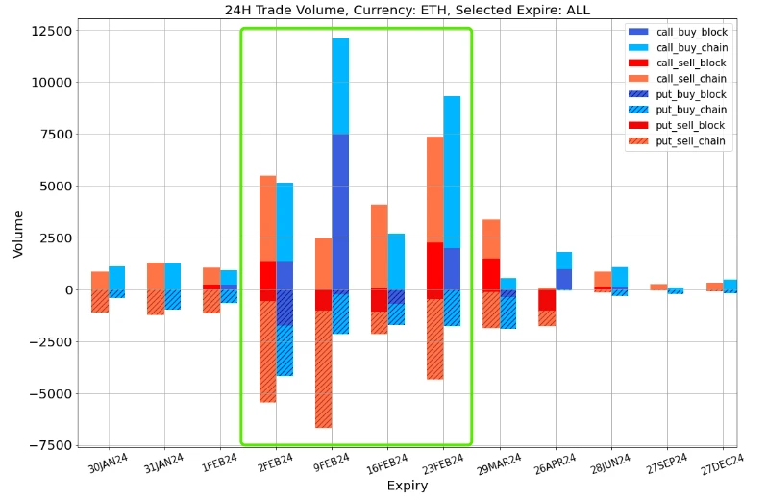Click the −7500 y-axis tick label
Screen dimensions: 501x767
[x=50, y=445]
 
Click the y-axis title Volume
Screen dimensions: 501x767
[x=18, y=235]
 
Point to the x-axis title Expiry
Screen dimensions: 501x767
[x=407, y=487]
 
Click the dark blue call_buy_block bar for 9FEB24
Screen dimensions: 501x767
[x=340, y=212]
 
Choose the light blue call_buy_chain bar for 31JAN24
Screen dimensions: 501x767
[x=172, y=276]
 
